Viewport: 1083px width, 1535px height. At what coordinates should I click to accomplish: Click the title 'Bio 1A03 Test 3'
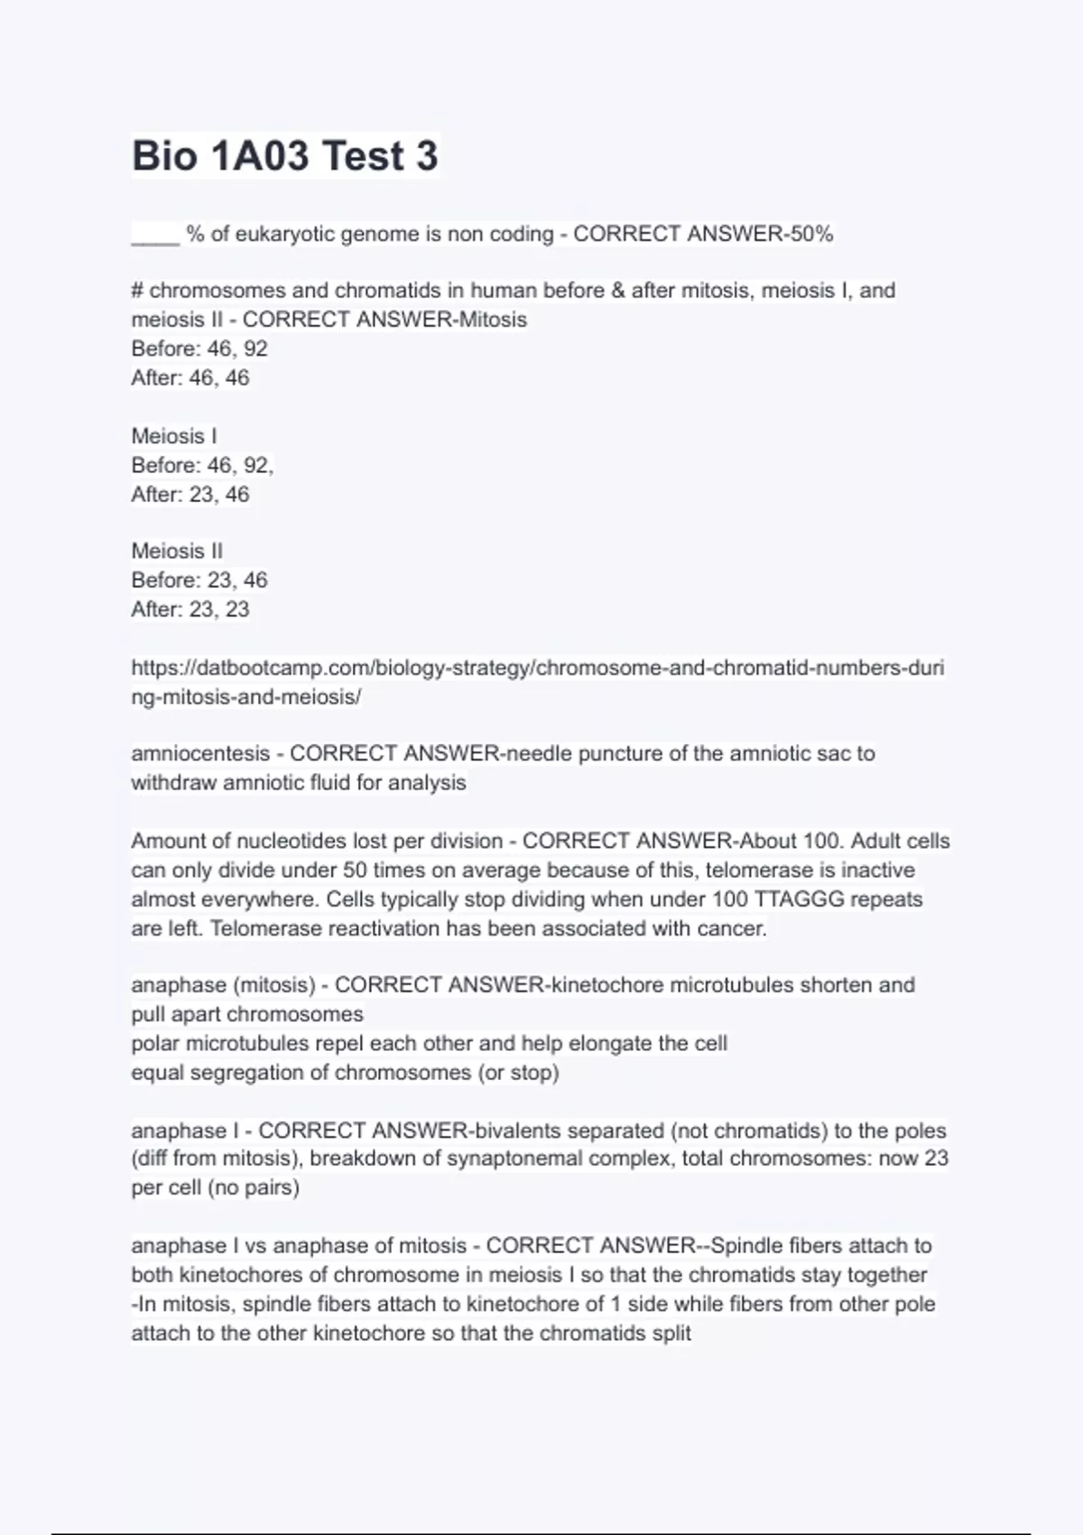[285, 155]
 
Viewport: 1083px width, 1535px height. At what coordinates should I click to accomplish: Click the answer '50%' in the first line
[811, 234]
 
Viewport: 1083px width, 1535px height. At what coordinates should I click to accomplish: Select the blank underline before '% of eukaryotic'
[155, 237]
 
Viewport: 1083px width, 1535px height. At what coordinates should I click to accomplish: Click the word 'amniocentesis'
[200, 753]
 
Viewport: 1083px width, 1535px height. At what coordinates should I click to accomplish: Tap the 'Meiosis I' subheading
[174, 436]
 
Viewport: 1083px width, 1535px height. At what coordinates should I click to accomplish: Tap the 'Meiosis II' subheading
[177, 551]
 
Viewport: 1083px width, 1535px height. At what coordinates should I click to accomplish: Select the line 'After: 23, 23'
[190, 609]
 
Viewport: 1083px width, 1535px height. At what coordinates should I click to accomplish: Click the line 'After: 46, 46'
[190, 377]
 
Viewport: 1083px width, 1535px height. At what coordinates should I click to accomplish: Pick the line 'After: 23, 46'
[190, 494]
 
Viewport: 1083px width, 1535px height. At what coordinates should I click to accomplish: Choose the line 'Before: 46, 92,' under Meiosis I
[202, 465]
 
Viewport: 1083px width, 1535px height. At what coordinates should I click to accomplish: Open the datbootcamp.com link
[537, 668]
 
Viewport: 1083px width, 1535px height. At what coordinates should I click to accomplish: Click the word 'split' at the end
[671, 1333]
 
